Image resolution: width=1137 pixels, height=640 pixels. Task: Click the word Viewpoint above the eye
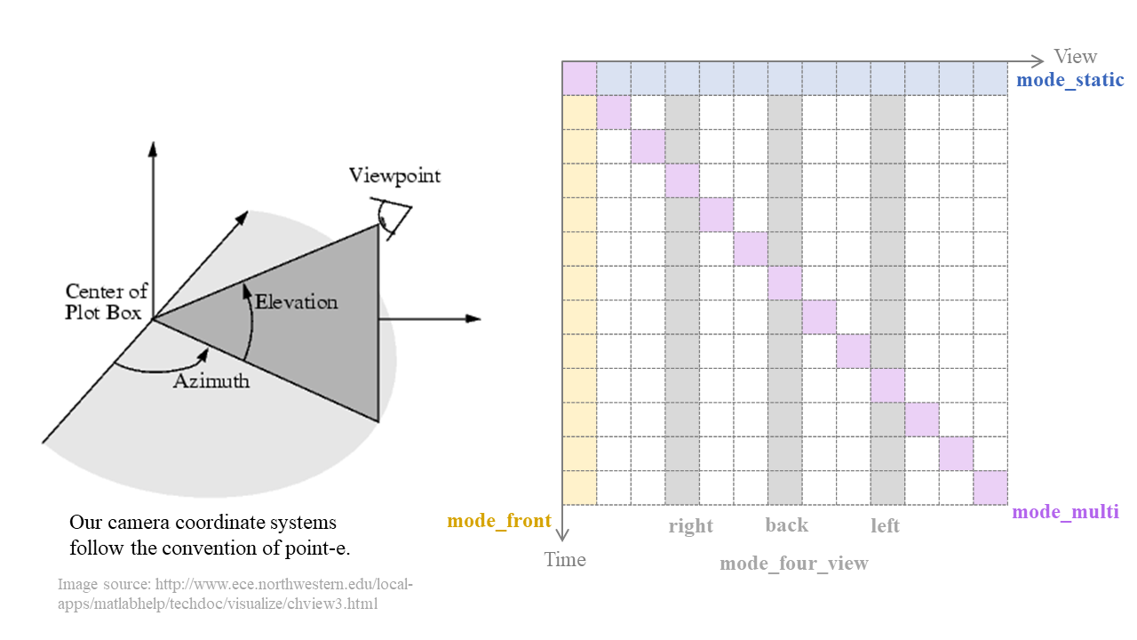coord(394,175)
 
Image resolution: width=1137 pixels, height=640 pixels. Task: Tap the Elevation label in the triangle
coord(296,302)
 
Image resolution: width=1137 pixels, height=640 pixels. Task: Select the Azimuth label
coord(211,381)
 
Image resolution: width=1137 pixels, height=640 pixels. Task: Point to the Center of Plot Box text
coord(106,301)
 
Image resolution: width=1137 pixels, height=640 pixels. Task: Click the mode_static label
coord(1069,80)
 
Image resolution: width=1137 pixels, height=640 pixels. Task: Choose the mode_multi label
coord(1065,511)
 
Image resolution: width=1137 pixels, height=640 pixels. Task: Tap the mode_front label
coord(499,520)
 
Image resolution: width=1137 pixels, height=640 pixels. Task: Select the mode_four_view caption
coord(793,563)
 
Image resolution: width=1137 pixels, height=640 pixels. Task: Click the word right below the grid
coord(690,525)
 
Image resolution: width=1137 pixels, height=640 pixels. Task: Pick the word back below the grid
coord(786,524)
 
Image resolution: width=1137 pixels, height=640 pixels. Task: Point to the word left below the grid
coord(885,525)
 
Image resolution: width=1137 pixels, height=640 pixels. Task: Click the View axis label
coord(1075,57)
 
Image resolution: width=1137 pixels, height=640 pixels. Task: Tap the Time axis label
coord(565,559)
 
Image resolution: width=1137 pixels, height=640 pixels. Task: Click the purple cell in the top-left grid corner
coord(579,78)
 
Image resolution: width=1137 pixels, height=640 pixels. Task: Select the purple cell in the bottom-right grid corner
coord(990,488)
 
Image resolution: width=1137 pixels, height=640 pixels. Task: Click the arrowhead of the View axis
coord(1038,61)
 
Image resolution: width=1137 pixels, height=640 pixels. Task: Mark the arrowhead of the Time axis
coord(562,534)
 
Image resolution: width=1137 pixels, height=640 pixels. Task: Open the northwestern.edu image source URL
coord(235,595)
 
